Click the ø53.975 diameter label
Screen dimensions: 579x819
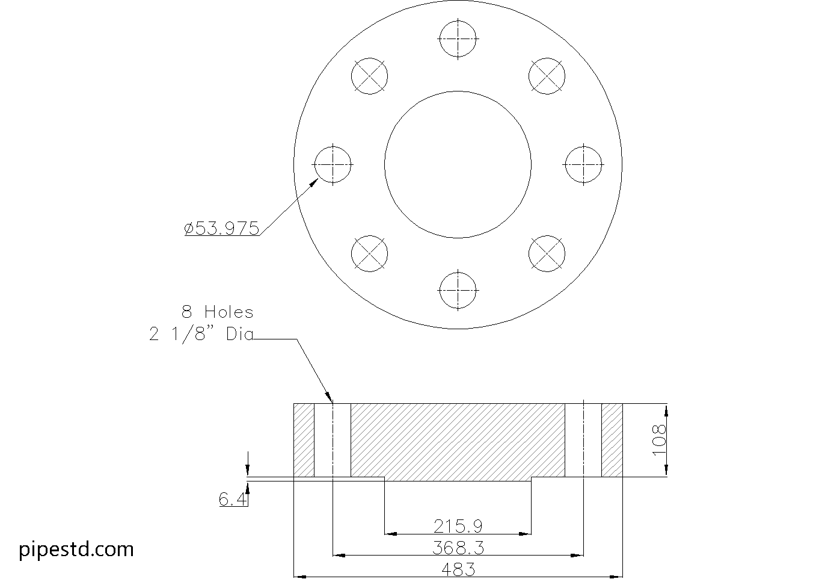pyautogui.click(x=222, y=229)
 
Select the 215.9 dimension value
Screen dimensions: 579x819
pyautogui.click(x=458, y=527)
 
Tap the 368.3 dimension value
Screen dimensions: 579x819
pyautogui.click(x=458, y=548)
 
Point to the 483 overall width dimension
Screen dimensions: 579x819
pyautogui.click(x=458, y=569)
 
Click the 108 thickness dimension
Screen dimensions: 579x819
pyautogui.click(x=659, y=439)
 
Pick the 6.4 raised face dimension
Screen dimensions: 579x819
pyautogui.click(x=233, y=499)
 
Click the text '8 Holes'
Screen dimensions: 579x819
pyautogui.click(x=218, y=312)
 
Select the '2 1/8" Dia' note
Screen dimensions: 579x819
pyautogui.click(x=201, y=335)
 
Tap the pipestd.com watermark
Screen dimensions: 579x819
pyautogui.click(x=76, y=549)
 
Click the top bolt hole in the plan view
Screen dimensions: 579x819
pyautogui.click(x=458, y=39)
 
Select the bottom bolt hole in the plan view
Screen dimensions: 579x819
pyautogui.click(x=458, y=290)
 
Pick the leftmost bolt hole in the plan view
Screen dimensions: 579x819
pyautogui.click(x=333, y=164)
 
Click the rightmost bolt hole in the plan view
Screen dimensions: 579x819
pyautogui.click(x=583, y=164)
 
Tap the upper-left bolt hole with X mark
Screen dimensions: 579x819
pyautogui.click(x=369, y=76)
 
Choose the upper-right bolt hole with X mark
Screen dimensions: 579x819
pyautogui.click(x=547, y=76)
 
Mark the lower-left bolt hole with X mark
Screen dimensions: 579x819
pyautogui.click(x=369, y=253)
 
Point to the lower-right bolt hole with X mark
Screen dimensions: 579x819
pyautogui.click(x=547, y=253)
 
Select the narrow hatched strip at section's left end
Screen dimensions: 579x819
pyautogui.click(x=304, y=440)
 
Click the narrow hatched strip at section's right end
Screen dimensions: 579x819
pyautogui.click(x=612, y=440)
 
